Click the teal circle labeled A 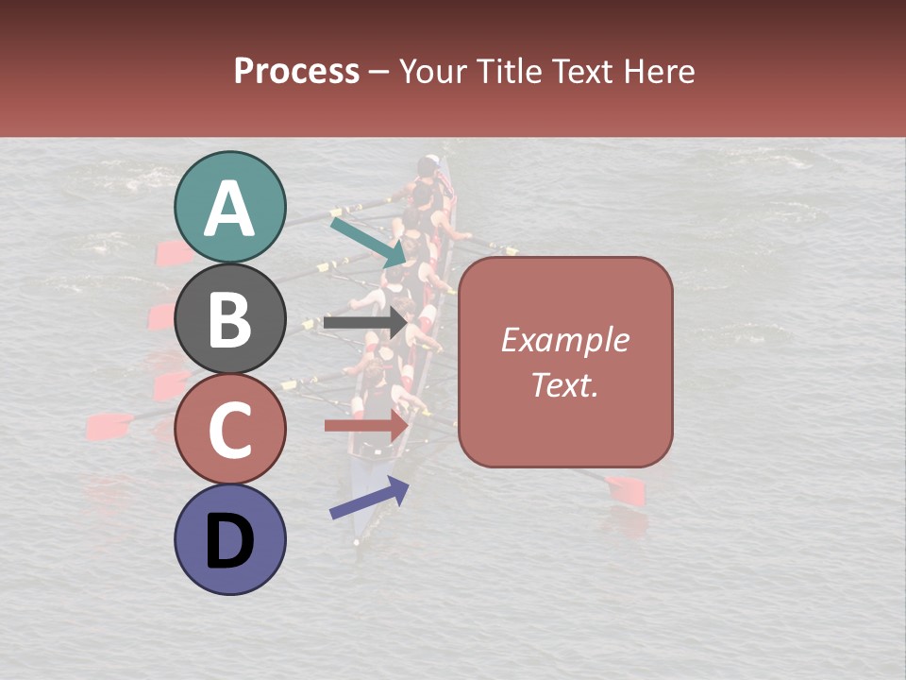pos(230,208)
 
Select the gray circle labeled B pos(230,318)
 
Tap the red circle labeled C pos(230,429)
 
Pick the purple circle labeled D pos(230,539)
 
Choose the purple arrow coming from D pos(369,499)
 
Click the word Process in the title pos(296,71)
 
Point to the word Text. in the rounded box pos(564,385)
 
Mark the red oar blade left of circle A pos(172,251)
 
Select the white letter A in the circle pos(230,209)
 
